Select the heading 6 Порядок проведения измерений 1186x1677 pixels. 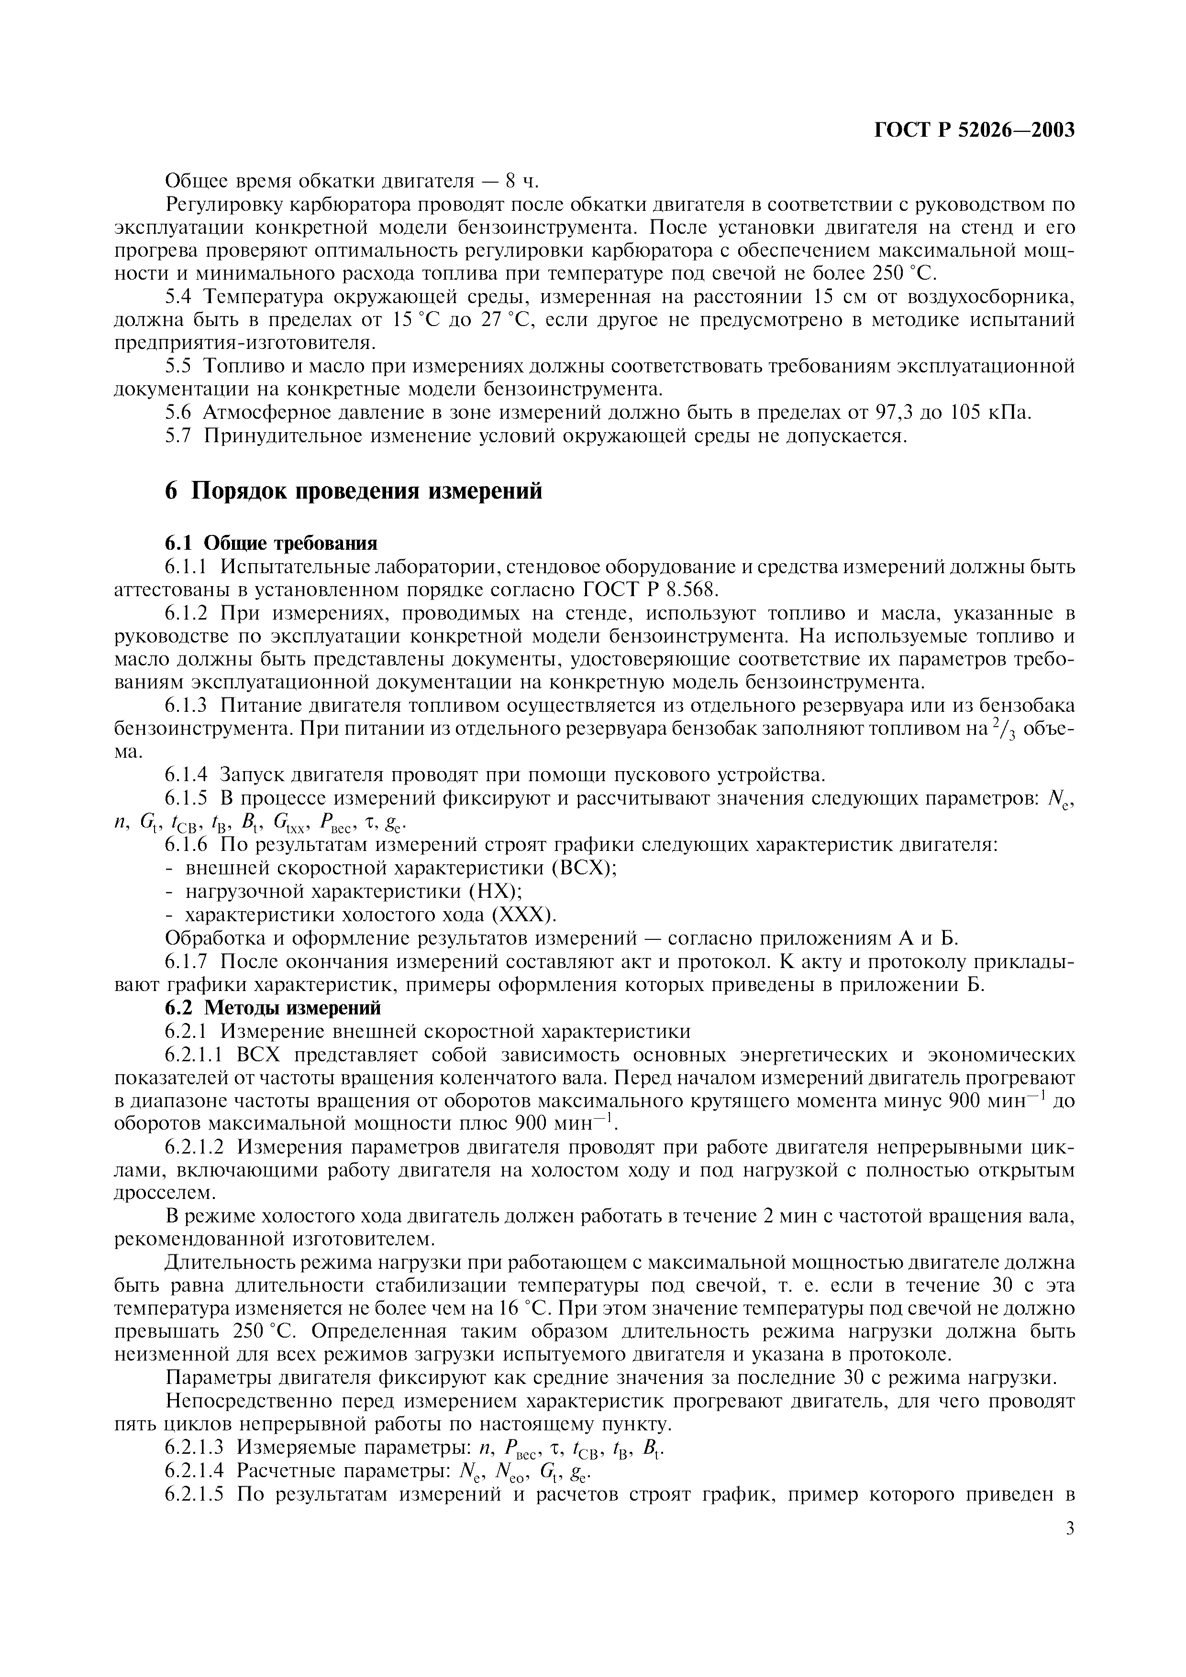coord(354,491)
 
